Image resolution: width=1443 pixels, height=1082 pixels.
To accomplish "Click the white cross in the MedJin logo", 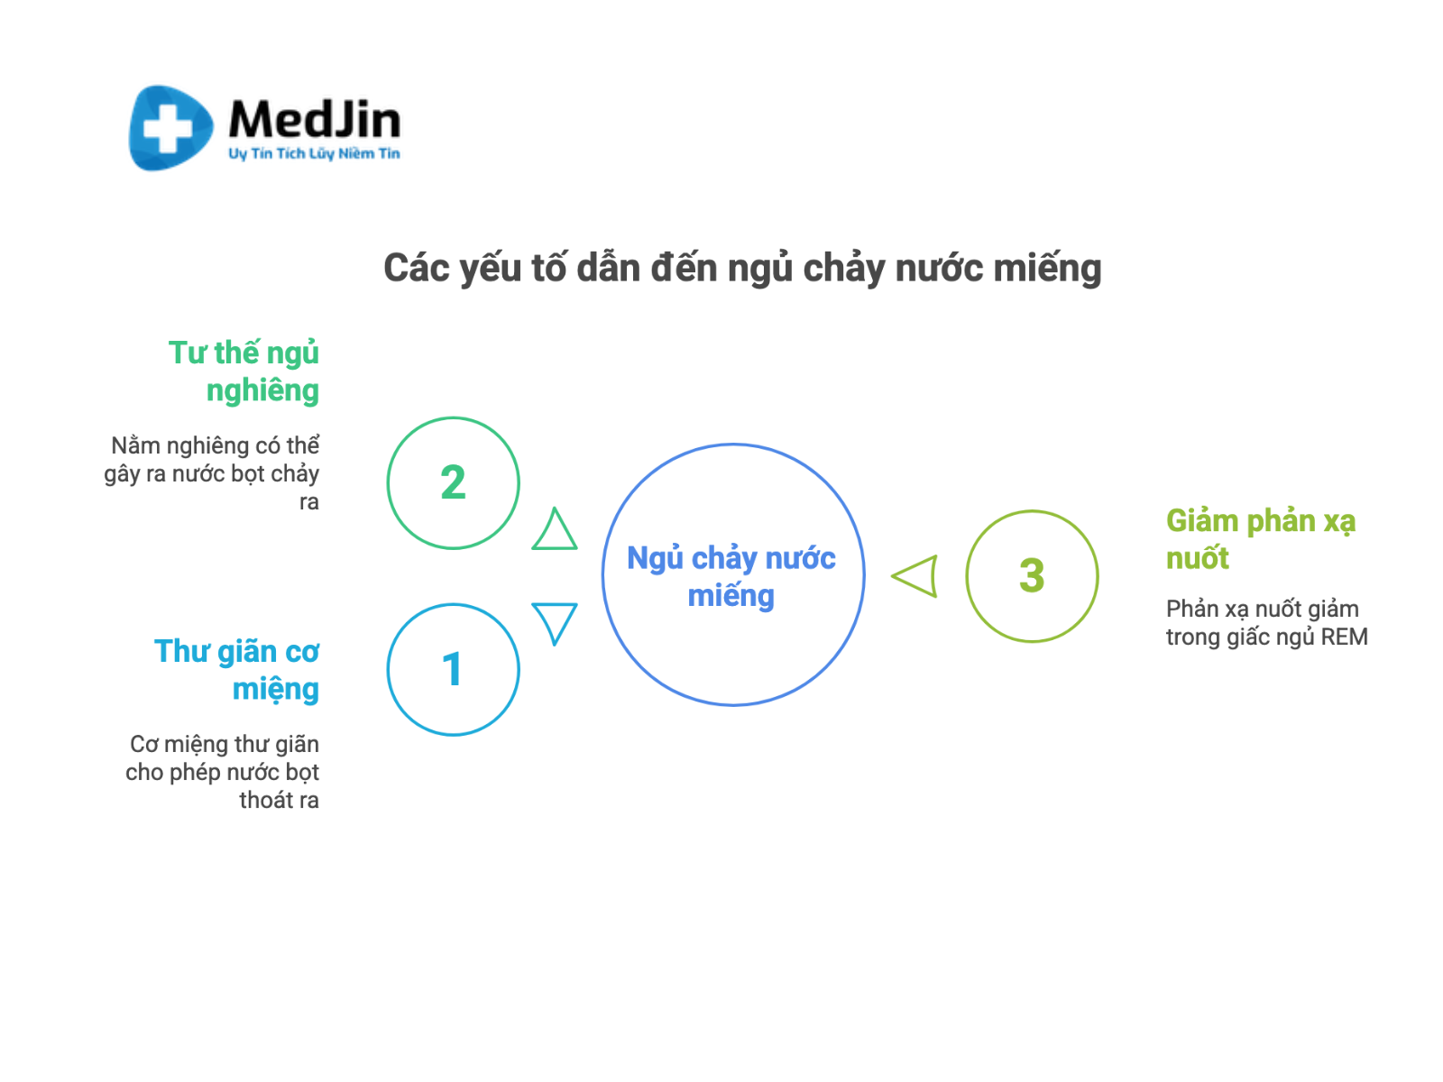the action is (168, 128).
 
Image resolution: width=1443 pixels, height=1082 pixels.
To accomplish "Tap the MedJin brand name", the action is (314, 119).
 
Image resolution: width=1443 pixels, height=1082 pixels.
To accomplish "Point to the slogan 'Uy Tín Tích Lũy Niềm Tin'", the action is (314, 153).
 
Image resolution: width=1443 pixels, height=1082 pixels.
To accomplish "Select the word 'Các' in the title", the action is (416, 268).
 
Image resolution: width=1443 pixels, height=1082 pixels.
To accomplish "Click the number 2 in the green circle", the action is (453, 482).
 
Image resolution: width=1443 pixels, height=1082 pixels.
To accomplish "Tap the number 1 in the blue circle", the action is (453, 669).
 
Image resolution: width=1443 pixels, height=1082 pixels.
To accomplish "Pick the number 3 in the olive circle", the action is (1032, 575).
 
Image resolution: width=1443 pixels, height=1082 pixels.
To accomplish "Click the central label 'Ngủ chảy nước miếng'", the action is (731, 576).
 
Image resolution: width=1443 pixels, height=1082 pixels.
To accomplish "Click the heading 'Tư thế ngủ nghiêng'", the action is (244, 371).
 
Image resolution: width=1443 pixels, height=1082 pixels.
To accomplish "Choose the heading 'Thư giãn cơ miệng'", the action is (236, 670).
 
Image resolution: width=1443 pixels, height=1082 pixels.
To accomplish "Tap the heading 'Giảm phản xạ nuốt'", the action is (1260, 538).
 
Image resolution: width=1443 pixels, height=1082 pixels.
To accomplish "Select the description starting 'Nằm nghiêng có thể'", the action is (212, 473).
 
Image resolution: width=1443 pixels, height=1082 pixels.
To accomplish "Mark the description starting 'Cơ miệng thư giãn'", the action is (222, 772).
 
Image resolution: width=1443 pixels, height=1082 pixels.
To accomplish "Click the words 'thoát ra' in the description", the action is (279, 800).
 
